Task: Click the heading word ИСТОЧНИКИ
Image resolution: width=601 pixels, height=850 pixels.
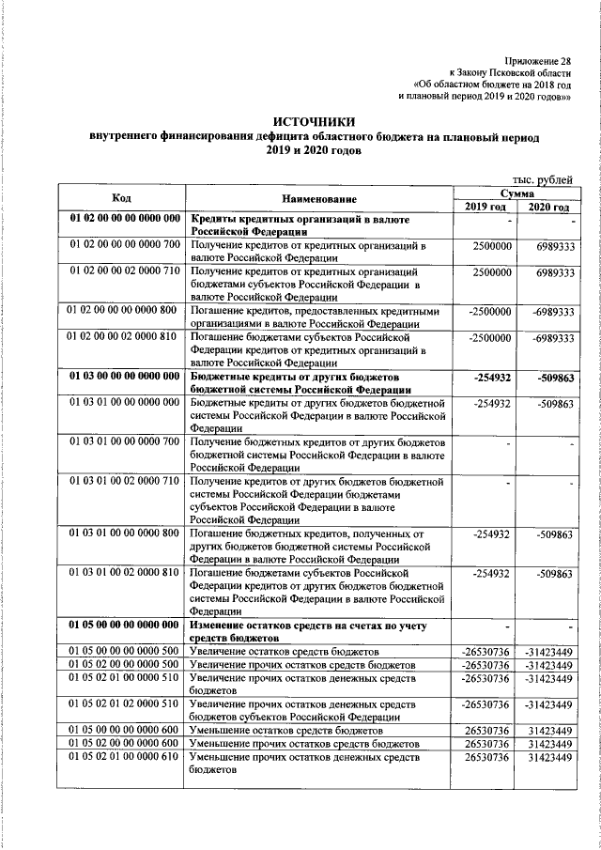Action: (x=315, y=121)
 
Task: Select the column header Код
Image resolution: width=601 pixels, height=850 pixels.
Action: (x=121, y=198)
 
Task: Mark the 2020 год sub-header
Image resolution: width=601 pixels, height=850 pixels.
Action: (x=548, y=207)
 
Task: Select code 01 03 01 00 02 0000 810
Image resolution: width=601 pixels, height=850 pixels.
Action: (x=124, y=572)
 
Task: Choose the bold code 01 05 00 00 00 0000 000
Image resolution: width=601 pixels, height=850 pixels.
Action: (x=124, y=625)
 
